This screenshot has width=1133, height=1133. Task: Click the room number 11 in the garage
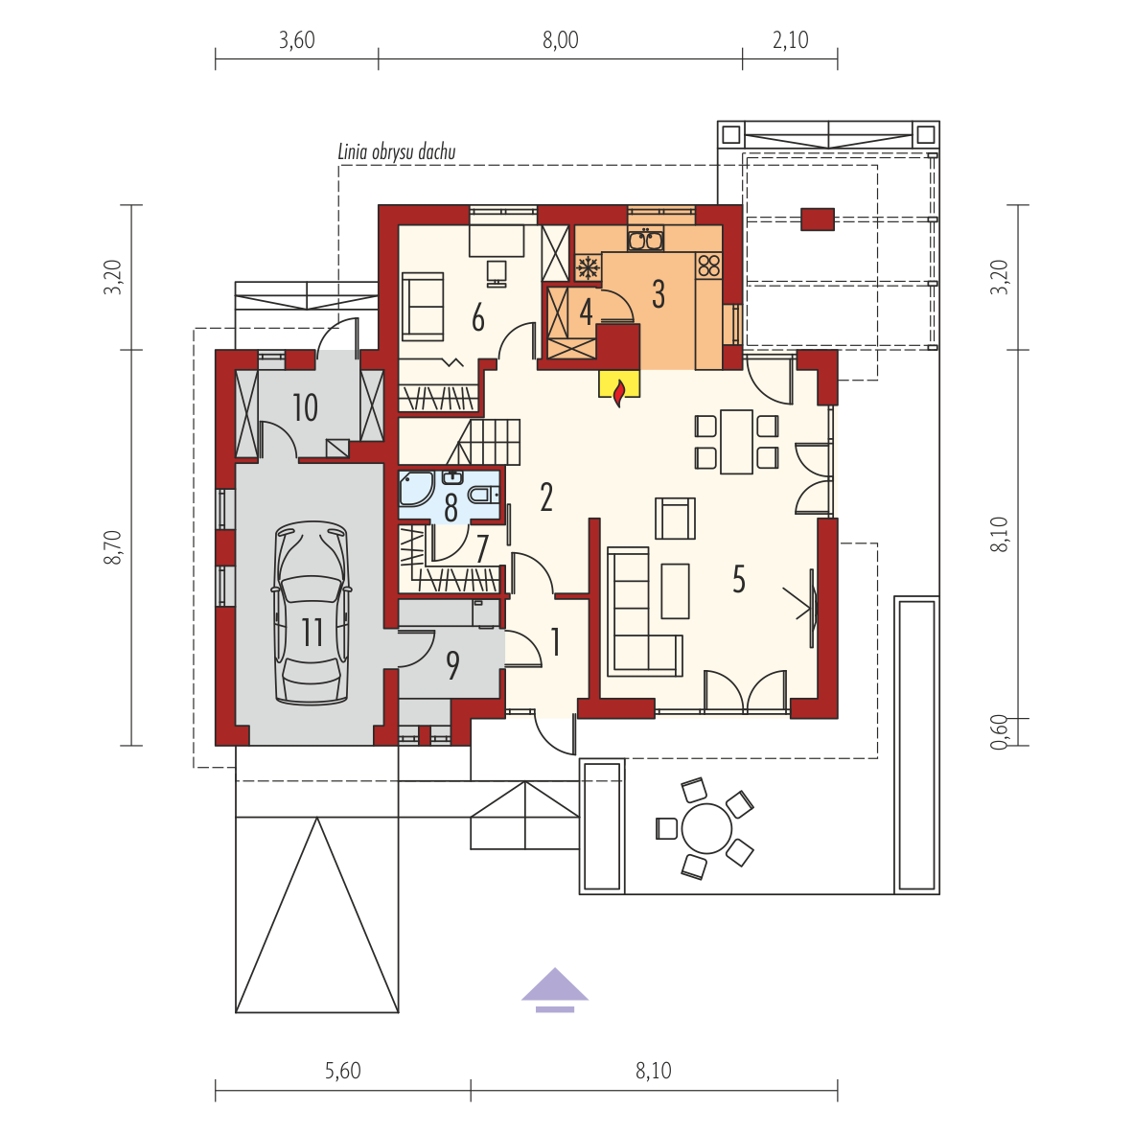(x=312, y=632)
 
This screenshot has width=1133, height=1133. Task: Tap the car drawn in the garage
(x=312, y=613)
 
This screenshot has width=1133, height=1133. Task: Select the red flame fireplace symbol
(x=618, y=393)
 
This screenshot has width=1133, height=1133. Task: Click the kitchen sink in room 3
(x=645, y=239)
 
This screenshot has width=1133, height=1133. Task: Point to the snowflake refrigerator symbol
(x=589, y=267)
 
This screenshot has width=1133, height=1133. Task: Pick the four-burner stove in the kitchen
(x=709, y=266)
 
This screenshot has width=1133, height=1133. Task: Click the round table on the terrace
(x=706, y=828)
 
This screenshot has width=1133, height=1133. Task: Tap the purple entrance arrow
(x=555, y=989)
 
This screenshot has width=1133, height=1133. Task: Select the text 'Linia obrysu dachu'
(x=397, y=151)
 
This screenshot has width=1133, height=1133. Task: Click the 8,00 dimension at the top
(x=561, y=39)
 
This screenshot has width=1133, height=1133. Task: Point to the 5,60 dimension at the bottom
(x=342, y=1070)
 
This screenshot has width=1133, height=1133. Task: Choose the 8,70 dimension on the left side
(x=113, y=547)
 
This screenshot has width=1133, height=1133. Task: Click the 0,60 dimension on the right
(x=999, y=732)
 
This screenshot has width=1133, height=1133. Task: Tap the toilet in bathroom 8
(x=480, y=495)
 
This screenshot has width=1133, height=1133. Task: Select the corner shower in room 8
(x=416, y=489)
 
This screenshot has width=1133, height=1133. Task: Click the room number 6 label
(x=477, y=318)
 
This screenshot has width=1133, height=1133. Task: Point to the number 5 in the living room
(x=738, y=579)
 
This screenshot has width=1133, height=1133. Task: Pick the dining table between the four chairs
(x=736, y=441)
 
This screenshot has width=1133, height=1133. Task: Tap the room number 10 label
(x=305, y=407)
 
